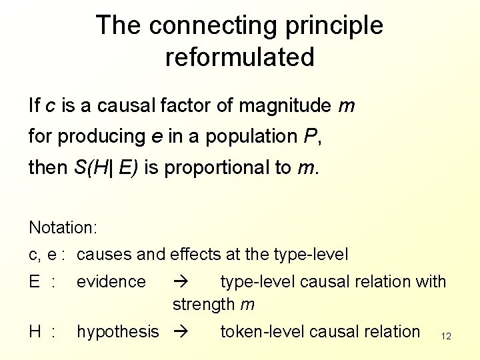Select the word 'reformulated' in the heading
[239, 57]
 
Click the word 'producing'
[101, 136]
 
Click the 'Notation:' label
[63, 227]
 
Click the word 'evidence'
[111, 281]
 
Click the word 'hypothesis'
[118, 331]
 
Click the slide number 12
[446, 336]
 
